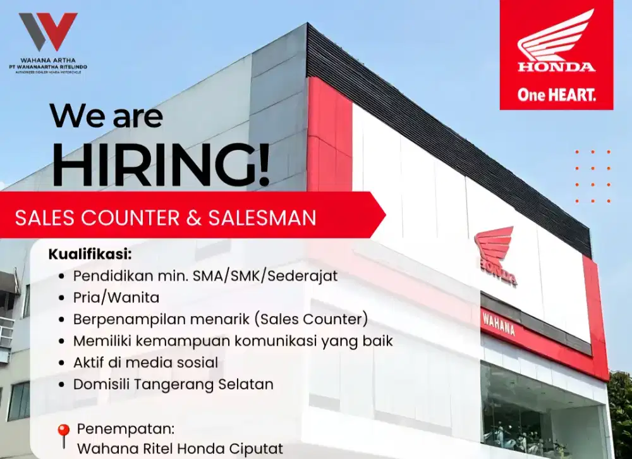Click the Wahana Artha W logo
47,32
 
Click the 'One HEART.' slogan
556,95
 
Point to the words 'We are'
106,116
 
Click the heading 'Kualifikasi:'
90,255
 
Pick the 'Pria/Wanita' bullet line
116,297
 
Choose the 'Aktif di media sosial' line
145,362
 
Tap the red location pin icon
63,436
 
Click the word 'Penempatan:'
125,429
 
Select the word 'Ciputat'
257,450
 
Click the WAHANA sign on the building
499,323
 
